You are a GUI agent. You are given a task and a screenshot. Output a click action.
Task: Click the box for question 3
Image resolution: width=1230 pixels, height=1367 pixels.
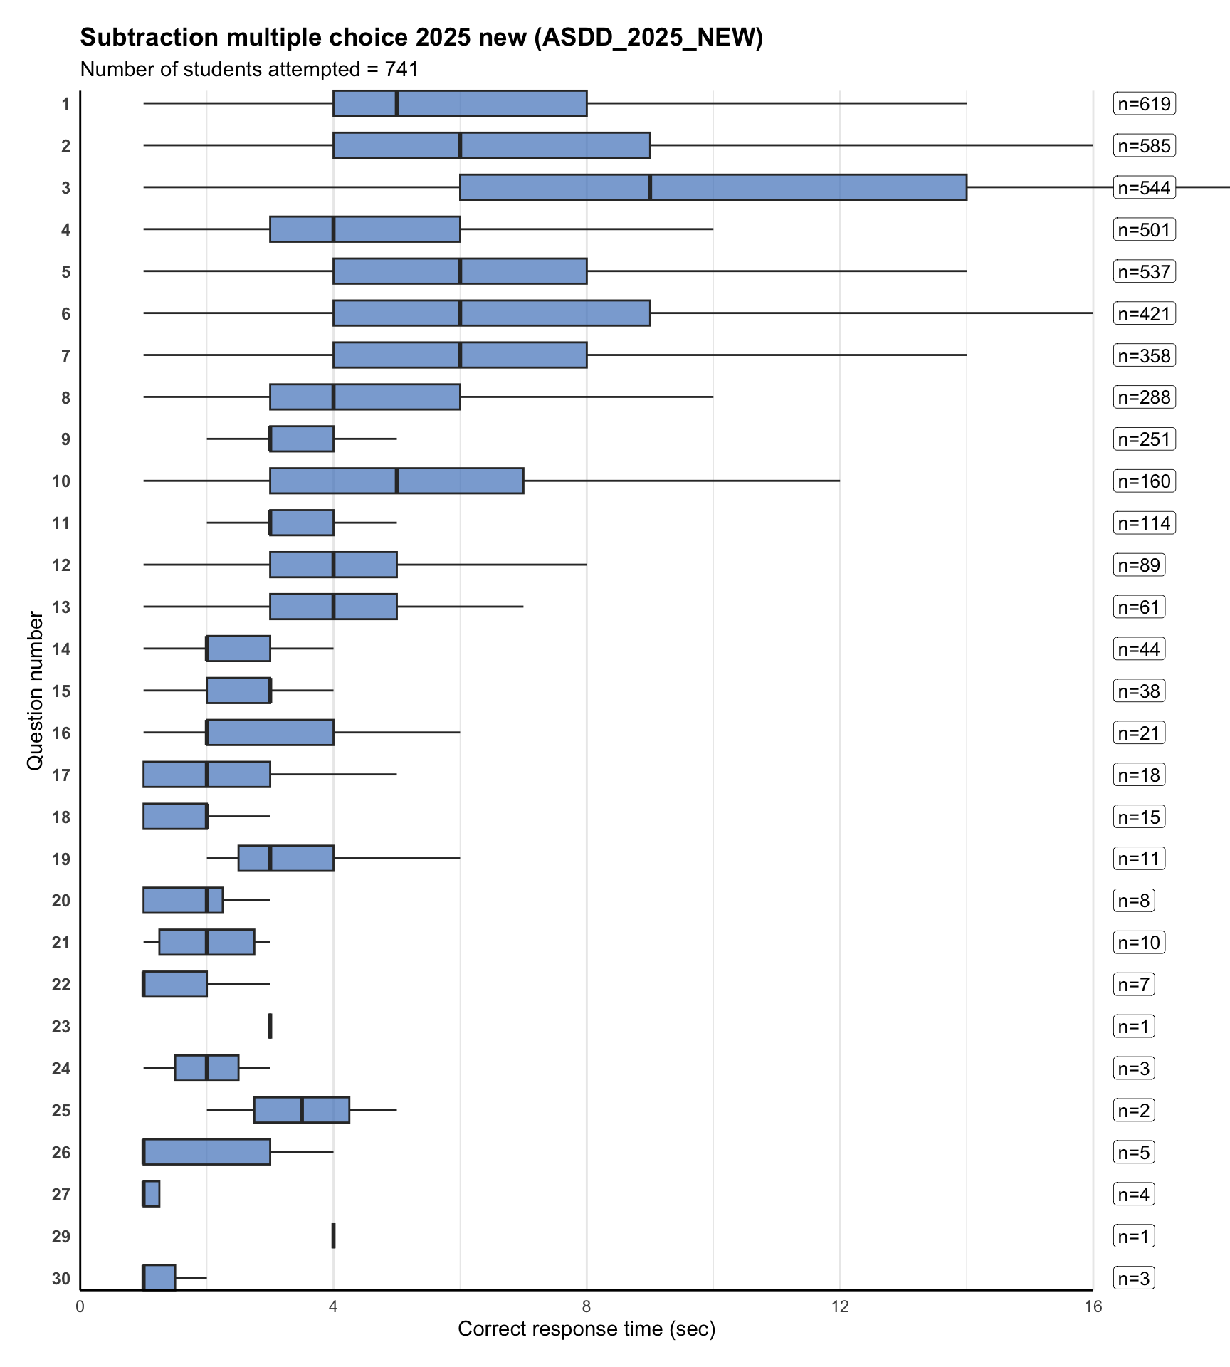(713, 187)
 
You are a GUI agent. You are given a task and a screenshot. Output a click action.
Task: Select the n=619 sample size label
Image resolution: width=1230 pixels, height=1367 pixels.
(1144, 104)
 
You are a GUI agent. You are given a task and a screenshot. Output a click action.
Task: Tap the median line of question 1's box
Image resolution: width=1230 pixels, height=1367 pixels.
(396, 104)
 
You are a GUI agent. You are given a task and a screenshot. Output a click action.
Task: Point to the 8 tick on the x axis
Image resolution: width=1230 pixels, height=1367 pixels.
(587, 1306)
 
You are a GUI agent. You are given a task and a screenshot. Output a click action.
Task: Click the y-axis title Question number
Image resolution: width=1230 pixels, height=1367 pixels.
(35, 691)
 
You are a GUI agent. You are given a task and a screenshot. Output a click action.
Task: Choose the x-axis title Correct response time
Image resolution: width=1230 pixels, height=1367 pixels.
(587, 1329)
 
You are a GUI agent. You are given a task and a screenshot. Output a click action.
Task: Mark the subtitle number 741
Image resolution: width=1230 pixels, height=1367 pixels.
(401, 70)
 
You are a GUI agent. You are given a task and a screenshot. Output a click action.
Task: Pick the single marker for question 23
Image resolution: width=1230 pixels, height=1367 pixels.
(270, 1026)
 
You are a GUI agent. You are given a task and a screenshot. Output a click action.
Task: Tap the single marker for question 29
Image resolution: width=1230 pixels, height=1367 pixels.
(333, 1235)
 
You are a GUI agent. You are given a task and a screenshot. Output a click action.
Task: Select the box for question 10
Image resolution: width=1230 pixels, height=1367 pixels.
(396, 481)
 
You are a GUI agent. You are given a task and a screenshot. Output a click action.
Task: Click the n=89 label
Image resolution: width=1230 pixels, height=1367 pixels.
(1139, 565)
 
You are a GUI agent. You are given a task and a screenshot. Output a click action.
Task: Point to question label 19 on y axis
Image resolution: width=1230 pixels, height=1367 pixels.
(61, 859)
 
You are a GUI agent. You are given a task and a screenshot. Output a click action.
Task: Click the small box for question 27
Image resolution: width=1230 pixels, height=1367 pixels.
(152, 1194)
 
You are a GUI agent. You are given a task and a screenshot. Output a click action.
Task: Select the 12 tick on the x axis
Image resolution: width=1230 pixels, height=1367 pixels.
(840, 1306)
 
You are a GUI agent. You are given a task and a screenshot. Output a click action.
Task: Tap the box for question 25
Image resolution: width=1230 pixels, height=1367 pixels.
(302, 1110)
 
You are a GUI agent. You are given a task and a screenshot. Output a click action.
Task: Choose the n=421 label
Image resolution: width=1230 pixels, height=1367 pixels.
(1144, 313)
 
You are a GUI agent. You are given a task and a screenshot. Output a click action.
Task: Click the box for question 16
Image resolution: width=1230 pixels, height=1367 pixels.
(270, 733)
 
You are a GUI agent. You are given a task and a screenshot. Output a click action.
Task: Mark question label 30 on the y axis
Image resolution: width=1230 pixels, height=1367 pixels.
(61, 1278)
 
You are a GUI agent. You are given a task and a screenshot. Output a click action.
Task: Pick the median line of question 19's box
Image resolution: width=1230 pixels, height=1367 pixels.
(270, 859)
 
